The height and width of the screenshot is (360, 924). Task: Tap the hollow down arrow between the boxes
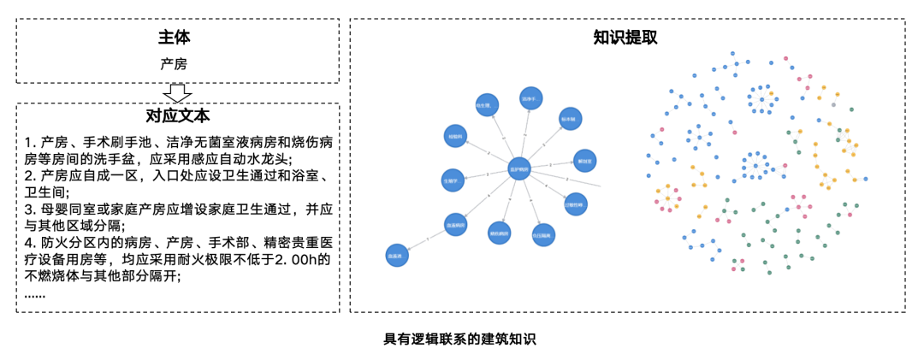(177, 91)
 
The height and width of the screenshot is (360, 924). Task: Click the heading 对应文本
(178, 115)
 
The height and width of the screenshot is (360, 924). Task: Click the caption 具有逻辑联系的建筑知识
(459, 339)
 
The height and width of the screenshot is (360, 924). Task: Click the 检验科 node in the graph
(455, 136)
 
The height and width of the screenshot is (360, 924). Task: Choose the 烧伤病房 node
(498, 232)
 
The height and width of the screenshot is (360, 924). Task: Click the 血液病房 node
(455, 224)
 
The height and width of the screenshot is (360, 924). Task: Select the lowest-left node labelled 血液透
(396, 254)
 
